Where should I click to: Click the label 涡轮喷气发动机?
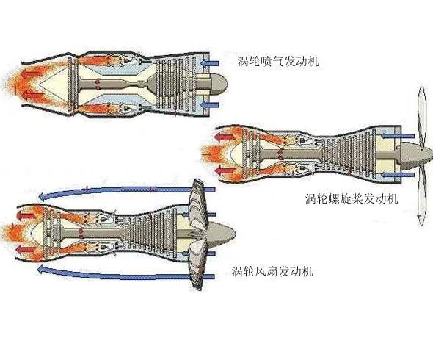tap(278, 61)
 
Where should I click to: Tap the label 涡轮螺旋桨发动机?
tap(352, 198)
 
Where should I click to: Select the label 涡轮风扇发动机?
tap(272, 271)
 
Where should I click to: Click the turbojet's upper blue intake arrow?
tap(210, 64)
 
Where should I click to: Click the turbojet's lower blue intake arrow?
tap(210, 105)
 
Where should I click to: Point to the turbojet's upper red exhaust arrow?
tap(32, 74)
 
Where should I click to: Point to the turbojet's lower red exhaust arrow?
tap(32, 95)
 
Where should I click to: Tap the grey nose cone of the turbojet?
tap(219, 84)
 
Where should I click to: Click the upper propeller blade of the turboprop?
tap(421, 116)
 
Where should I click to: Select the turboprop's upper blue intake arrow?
tap(398, 136)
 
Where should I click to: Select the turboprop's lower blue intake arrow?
tap(398, 175)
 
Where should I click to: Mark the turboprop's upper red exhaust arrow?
tap(224, 137)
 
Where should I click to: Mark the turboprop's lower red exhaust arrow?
tap(224, 170)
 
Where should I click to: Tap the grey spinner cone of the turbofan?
tap(221, 234)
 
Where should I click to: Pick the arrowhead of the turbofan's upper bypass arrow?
tap(43, 197)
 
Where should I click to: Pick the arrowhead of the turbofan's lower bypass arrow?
tap(42, 269)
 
